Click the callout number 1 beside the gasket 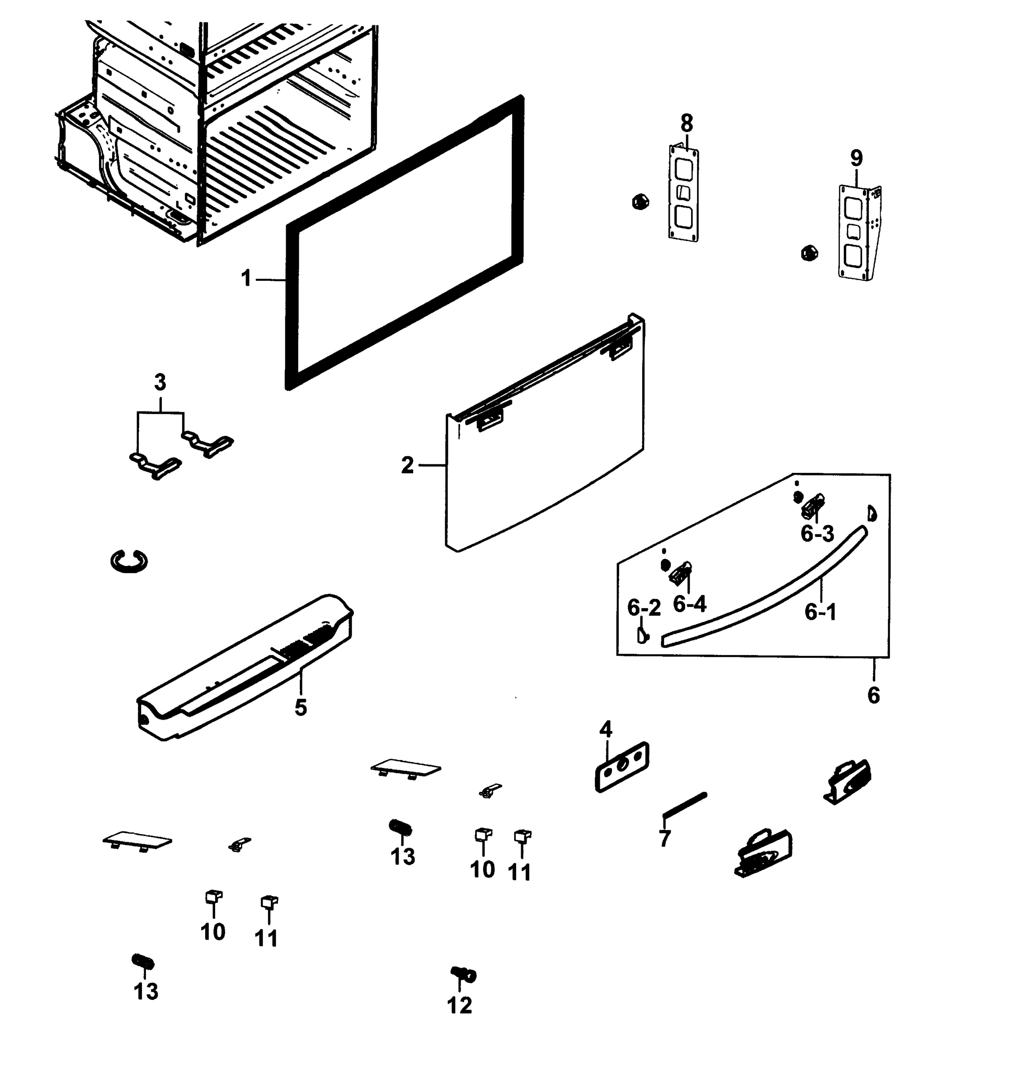click(x=246, y=278)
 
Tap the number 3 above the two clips click(x=160, y=382)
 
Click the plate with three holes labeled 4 click(x=621, y=767)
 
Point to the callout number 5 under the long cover click(x=301, y=708)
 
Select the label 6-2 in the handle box click(x=644, y=608)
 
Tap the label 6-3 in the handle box click(x=817, y=533)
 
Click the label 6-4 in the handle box click(x=690, y=604)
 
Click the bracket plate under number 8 click(x=683, y=194)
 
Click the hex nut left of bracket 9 click(x=809, y=253)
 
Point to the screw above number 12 click(x=464, y=974)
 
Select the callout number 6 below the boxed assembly click(x=873, y=695)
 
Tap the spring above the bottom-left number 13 click(x=143, y=962)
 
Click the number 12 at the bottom click(x=459, y=1005)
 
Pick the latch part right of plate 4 click(x=847, y=782)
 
